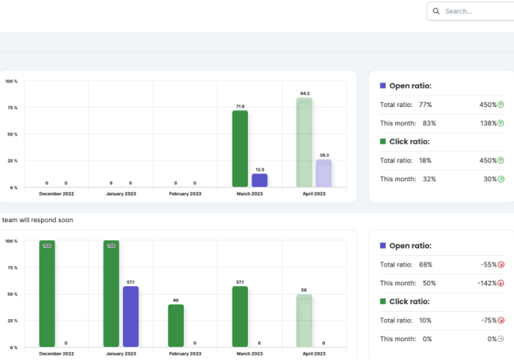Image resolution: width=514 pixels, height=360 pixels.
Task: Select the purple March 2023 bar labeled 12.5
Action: tap(260, 180)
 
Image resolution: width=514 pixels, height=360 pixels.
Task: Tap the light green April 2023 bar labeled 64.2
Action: tap(304, 142)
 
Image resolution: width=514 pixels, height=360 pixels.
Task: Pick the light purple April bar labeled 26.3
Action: tap(323, 173)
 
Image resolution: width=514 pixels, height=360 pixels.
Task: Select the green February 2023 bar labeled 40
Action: tap(176, 326)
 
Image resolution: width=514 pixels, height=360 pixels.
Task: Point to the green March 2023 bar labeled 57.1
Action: tap(240, 316)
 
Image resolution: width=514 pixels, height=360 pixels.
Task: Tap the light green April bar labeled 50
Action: tap(304, 320)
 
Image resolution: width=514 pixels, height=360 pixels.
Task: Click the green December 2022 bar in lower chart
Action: tap(47, 293)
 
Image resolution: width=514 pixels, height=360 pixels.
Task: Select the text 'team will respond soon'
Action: tap(37, 219)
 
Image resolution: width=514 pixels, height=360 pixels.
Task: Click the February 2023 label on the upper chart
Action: tap(185, 194)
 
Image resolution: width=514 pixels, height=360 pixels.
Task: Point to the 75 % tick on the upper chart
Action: tap(12, 108)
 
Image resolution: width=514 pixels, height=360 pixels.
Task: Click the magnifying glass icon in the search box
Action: tap(437, 11)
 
